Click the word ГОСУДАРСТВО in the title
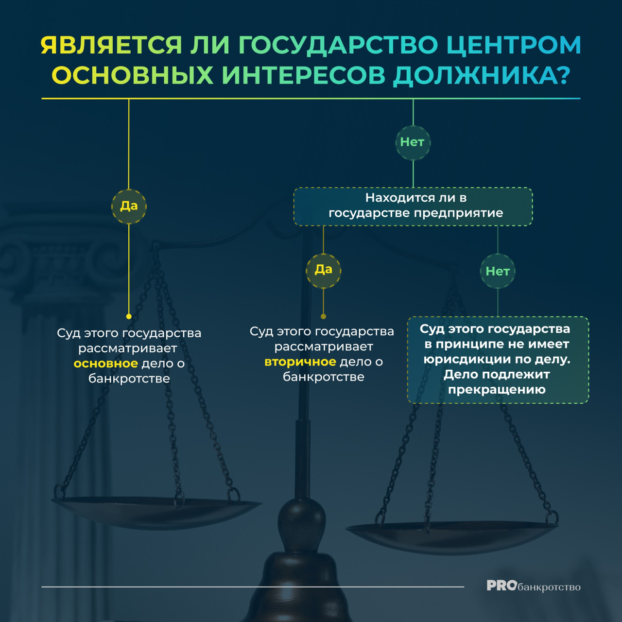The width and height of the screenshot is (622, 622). pyautogui.click(x=338, y=45)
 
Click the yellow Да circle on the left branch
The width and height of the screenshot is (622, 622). pyautogui.click(x=129, y=206)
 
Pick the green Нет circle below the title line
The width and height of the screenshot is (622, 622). pyautogui.click(x=413, y=142)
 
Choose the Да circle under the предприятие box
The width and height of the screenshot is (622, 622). pyautogui.click(x=324, y=271)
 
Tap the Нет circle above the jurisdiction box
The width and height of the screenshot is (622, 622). pyautogui.click(x=498, y=271)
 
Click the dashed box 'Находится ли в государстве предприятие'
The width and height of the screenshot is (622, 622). pyautogui.click(x=413, y=207)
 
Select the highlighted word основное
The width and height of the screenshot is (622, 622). pyautogui.click(x=106, y=363)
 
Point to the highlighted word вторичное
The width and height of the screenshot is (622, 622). pyautogui.click(x=300, y=362)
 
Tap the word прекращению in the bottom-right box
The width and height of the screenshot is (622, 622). pyautogui.click(x=497, y=390)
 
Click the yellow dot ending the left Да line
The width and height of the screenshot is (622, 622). pyautogui.click(x=129, y=316)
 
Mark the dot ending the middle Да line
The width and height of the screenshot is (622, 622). pyautogui.click(x=324, y=316)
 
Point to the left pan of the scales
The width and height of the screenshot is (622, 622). pyautogui.click(x=156, y=513)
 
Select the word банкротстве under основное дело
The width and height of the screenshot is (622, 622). pyautogui.click(x=129, y=379)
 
